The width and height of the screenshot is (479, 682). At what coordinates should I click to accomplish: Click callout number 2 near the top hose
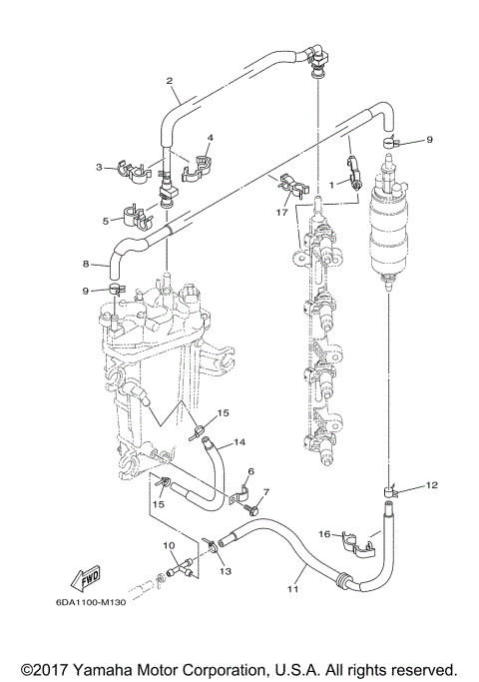pos(170,81)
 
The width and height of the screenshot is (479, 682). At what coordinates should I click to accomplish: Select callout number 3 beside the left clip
pos(100,168)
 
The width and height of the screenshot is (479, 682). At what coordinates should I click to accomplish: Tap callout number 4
pos(211,137)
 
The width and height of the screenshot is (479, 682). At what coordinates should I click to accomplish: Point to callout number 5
pos(105,221)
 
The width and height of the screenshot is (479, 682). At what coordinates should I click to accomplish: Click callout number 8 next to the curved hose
pos(87,265)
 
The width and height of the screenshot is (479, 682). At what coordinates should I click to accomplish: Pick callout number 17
pos(283,212)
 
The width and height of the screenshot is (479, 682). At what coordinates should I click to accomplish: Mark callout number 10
pos(169,545)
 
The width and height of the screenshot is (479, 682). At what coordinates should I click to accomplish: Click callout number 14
pos(239,441)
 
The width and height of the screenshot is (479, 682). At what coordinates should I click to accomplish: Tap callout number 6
pos(250,471)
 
